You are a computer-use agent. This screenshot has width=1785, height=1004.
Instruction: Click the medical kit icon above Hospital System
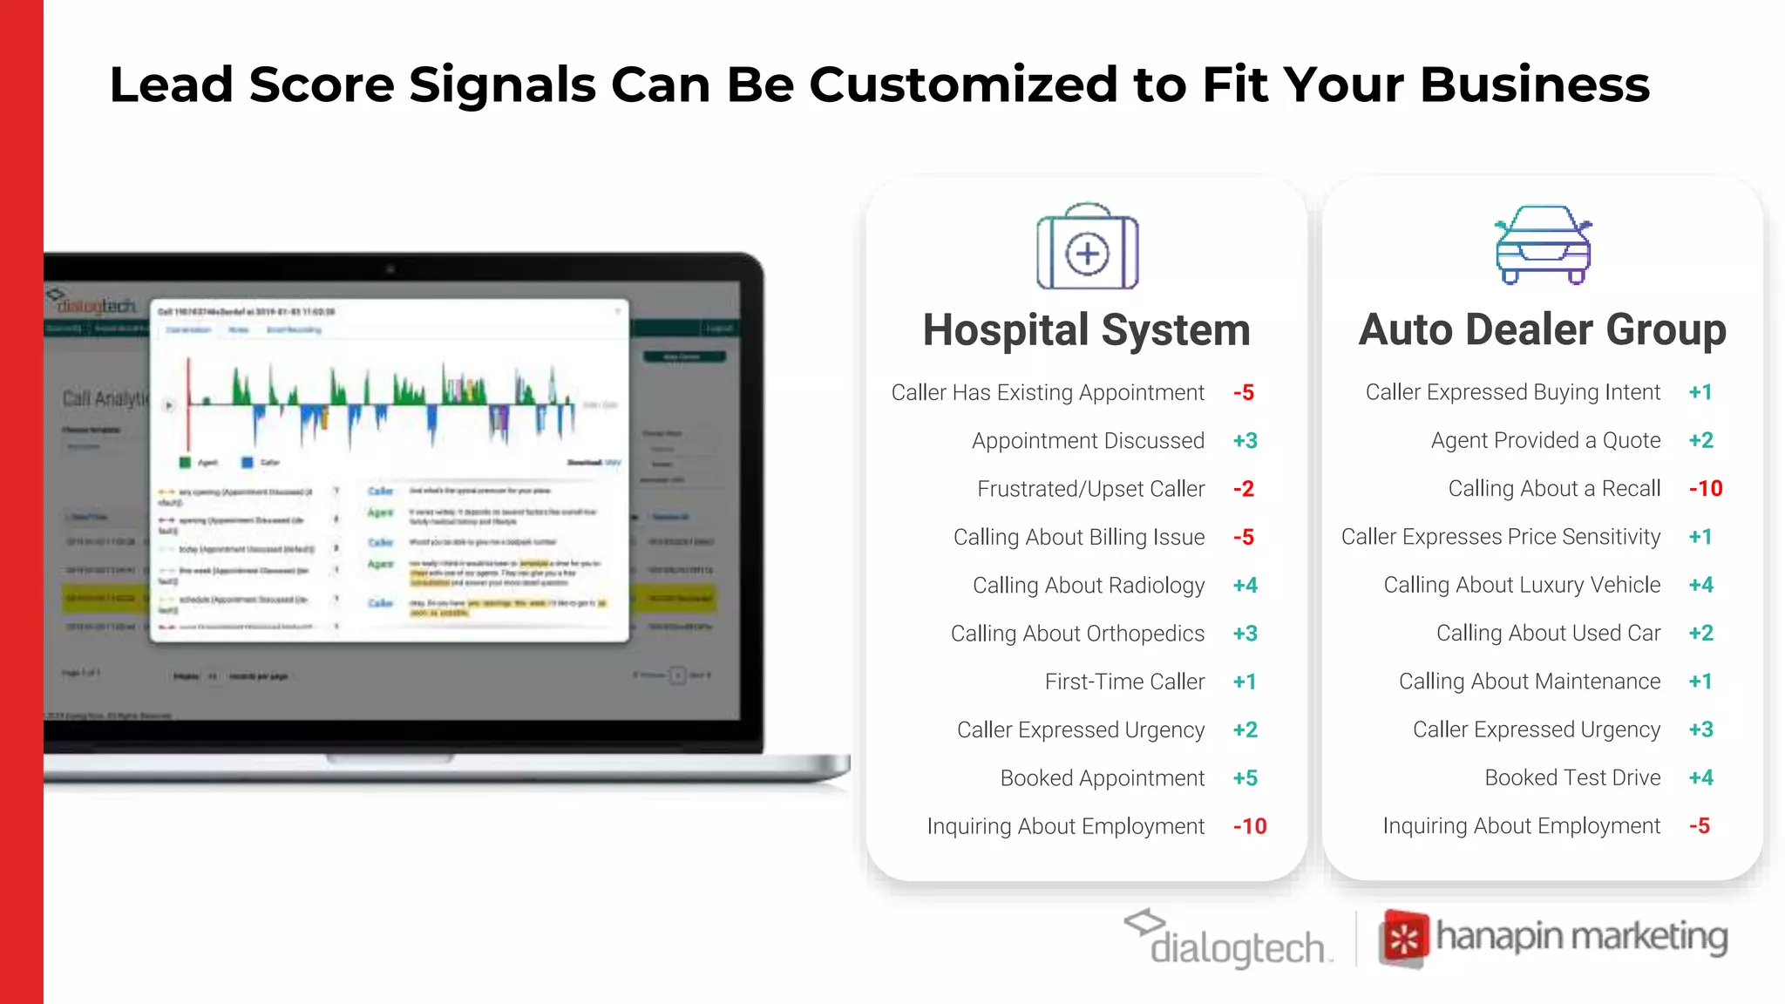point(1087,248)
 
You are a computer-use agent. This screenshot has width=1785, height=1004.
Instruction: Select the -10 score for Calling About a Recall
point(1706,489)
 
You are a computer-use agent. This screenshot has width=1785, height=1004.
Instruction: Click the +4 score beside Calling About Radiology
point(1245,586)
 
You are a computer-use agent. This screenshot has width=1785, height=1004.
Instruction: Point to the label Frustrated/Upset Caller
point(1090,489)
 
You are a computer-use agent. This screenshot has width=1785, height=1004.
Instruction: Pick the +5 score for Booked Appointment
point(1245,778)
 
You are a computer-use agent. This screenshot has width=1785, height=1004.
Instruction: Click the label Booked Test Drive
point(1572,777)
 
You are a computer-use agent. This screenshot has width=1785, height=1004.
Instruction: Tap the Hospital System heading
point(1086,330)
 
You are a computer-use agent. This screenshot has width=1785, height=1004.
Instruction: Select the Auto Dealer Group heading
point(1542,329)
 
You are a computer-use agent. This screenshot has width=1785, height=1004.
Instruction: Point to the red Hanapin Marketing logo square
point(1403,939)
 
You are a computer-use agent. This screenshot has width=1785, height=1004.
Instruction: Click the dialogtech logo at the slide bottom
point(1229,940)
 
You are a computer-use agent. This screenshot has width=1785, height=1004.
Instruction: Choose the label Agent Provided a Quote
point(1545,441)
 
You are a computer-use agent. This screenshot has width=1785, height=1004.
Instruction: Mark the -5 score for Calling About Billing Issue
point(1244,537)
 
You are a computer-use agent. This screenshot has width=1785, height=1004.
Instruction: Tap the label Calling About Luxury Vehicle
point(1522,585)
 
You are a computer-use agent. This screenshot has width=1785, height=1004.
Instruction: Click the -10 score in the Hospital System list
point(1250,826)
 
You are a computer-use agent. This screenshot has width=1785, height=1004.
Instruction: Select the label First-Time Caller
point(1124,682)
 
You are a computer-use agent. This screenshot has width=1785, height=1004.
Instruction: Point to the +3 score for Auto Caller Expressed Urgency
point(1701,729)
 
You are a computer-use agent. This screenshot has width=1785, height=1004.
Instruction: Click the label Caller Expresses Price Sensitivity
point(1500,537)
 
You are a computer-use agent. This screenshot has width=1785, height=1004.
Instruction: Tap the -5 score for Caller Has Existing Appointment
point(1244,393)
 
